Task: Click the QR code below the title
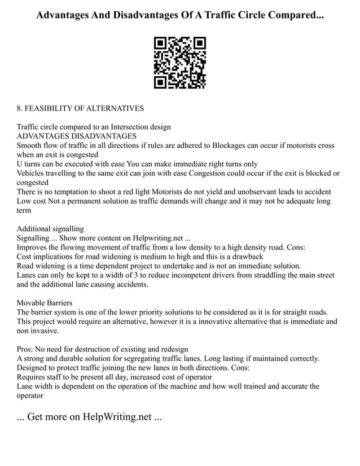(x=180, y=63)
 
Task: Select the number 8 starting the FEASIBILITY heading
(x=20, y=108)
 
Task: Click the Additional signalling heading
(x=50, y=228)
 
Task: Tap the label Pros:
(x=27, y=349)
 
